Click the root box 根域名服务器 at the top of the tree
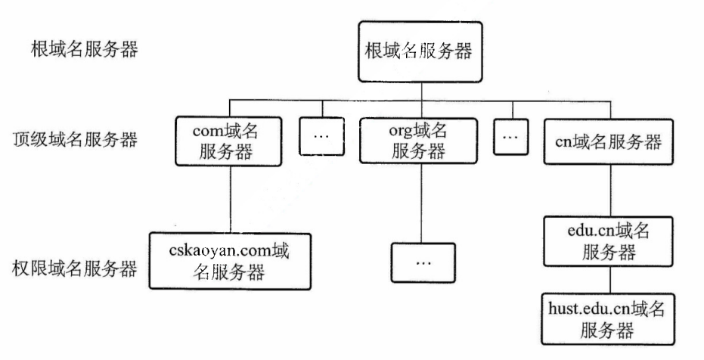click(x=417, y=52)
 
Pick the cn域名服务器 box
click(x=603, y=141)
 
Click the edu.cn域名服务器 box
click(x=603, y=241)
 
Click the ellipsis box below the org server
click(x=423, y=262)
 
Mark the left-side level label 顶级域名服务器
click(x=75, y=140)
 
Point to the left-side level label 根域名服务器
click(x=75, y=52)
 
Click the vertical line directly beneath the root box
click(x=417, y=91)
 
